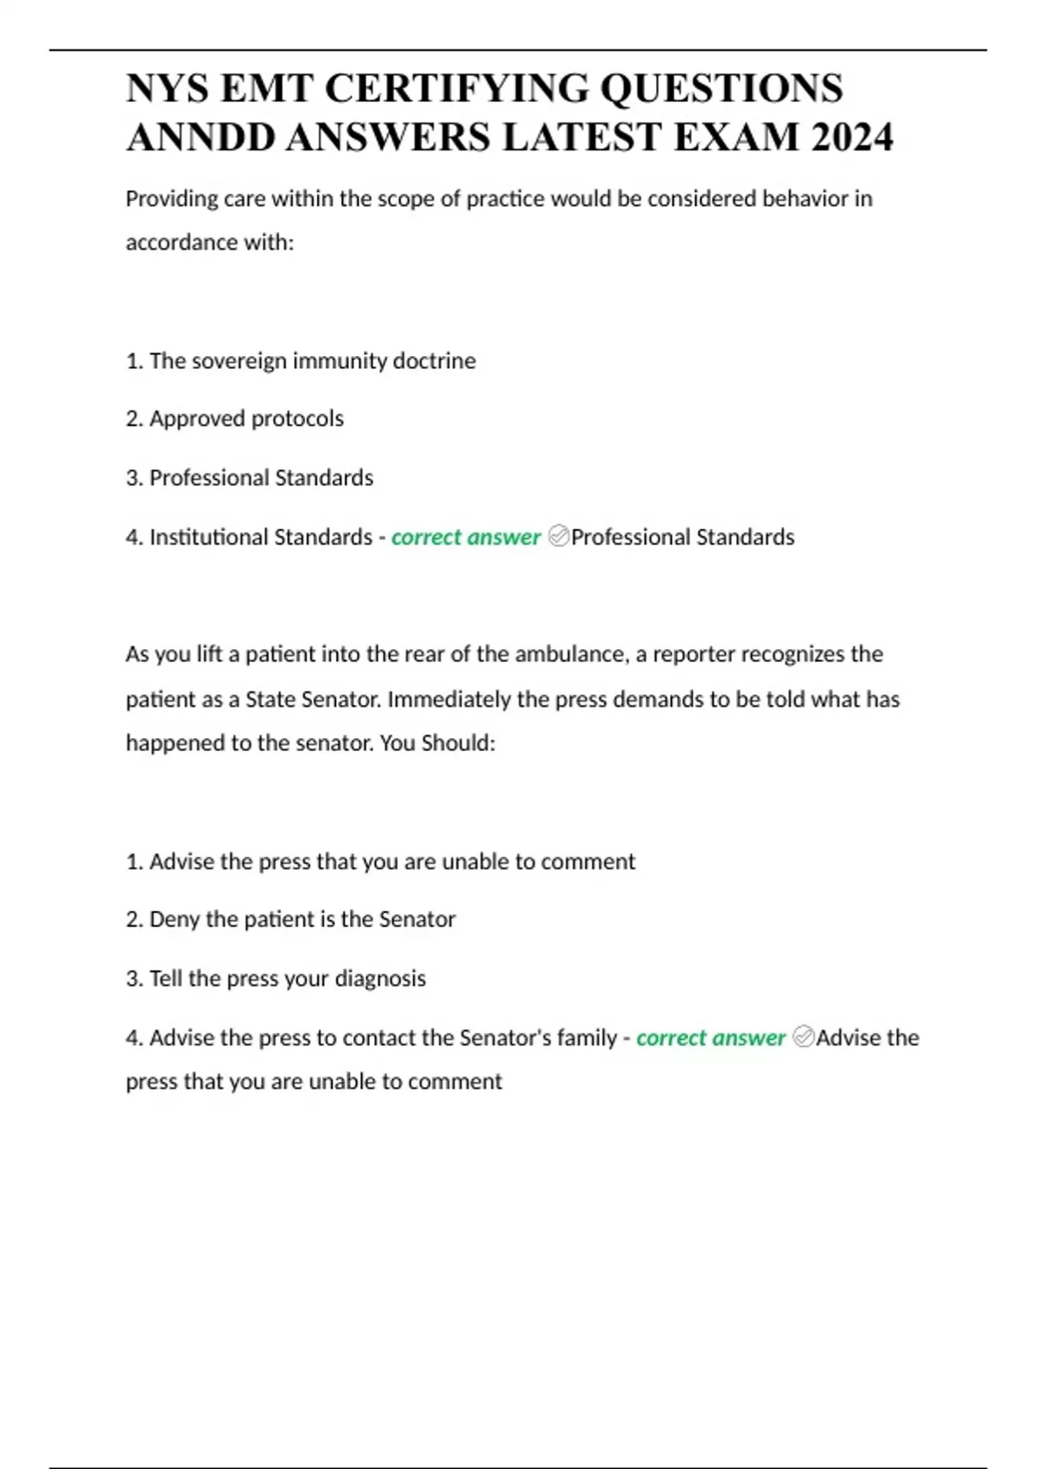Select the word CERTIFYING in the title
(x=457, y=88)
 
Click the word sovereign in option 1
(x=239, y=360)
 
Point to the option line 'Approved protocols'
(x=246, y=418)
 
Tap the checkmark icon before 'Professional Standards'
(x=558, y=537)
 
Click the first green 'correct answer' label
(x=466, y=537)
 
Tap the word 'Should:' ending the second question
(x=458, y=742)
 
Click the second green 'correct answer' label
(x=710, y=1037)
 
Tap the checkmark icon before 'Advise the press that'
(x=803, y=1037)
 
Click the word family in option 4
(x=587, y=1037)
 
